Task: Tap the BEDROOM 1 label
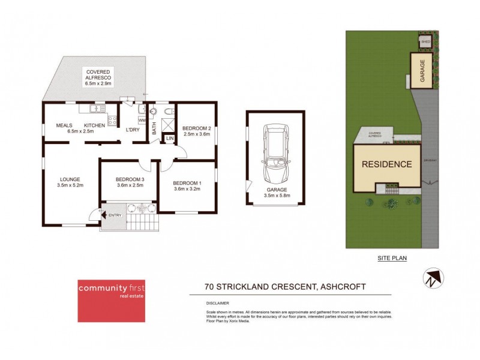point(187,182)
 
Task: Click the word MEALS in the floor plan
point(64,125)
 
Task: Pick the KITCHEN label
point(94,125)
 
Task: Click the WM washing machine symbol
point(142,120)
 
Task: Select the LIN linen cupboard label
point(170,139)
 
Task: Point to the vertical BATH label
point(154,127)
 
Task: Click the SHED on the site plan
point(425,42)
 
